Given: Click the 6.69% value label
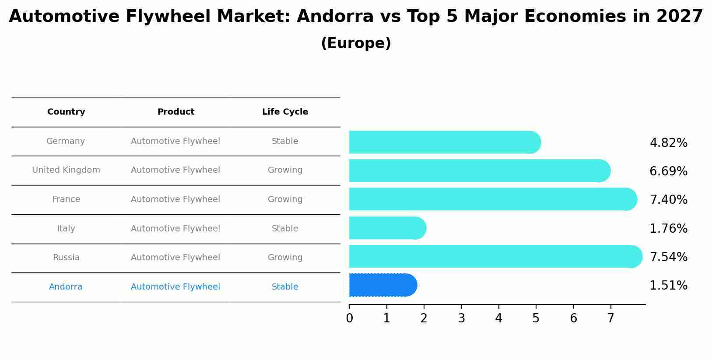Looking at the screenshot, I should pyautogui.click(x=668, y=171).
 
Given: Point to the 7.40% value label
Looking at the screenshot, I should pyautogui.click(x=668, y=199).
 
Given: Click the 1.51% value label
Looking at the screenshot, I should pyautogui.click(x=668, y=285).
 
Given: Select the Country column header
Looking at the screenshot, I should pyautogui.click(x=66, y=112).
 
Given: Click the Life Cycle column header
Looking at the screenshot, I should pyautogui.click(x=285, y=112).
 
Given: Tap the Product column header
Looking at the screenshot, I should pyautogui.click(x=175, y=112).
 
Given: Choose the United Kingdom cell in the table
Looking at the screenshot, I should pyautogui.click(x=66, y=170).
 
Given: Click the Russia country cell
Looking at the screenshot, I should pyautogui.click(x=66, y=258).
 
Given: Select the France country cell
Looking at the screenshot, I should pyautogui.click(x=66, y=199).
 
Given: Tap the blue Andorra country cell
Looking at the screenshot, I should pyautogui.click(x=66, y=287).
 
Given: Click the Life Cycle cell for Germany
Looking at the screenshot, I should pyautogui.click(x=285, y=141).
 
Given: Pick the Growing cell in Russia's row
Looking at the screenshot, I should pyautogui.click(x=285, y=258).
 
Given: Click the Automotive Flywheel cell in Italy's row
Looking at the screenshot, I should pyautogui.click(x=175, y=228).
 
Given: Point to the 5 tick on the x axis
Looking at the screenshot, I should pyautogui.click(x=536, y=318).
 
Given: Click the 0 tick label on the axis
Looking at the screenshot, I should pyautogui.click(x=349, y=318).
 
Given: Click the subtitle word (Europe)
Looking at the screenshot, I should pyautogui.click(x=356, y=43).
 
